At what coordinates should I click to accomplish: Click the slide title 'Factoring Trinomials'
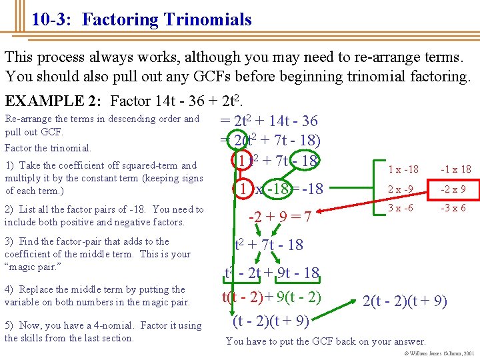pyautogui.click(x=167, y=19)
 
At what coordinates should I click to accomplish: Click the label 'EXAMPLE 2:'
pyautogui.click(x=54, y=101)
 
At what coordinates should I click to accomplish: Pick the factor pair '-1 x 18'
pyautogui.click(x=456, y=169)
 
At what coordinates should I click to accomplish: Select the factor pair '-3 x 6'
pyautogui.click(x=453, y=208)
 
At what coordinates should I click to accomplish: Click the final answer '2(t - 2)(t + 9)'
pyautogui.click(x=404, y=302)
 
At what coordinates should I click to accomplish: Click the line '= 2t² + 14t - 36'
pyautogui.click(x=269, y=121)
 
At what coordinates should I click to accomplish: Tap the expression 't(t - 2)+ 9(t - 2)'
pyautogui.click(x=271, y=296)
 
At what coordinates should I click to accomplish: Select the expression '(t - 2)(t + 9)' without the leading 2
pyautogui.click(x=270, y=321)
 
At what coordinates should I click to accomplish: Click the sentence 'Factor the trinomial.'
pyautogui.click(x=48, y=148)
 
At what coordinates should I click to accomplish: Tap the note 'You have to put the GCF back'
pyautogui.click(x=325, y=341)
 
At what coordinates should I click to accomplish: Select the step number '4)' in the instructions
pyautogui.click(x=10, y=289)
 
